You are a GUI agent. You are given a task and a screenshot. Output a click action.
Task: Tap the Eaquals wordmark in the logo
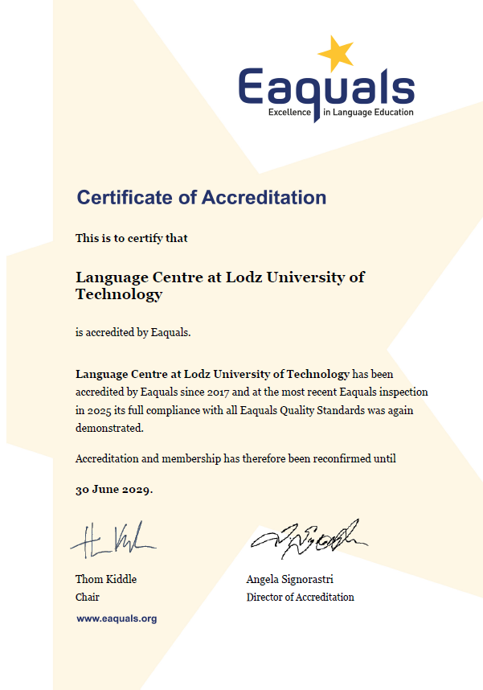[325, 87]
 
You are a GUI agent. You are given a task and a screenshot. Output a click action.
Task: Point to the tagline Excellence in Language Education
[341, 113]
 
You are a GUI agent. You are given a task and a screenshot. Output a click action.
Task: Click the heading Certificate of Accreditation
[201, 197]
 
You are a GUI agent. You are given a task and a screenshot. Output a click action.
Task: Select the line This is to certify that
[132, 238]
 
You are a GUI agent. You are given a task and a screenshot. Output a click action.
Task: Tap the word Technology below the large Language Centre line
[119, 294]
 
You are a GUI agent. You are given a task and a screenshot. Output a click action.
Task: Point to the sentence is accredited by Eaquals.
[133, 332]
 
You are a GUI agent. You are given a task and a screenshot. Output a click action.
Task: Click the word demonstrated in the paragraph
[108, 428]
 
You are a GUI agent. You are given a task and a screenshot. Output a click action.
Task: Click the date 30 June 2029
[113, 490]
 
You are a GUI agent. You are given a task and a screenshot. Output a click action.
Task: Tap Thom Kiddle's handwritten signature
[113, 540]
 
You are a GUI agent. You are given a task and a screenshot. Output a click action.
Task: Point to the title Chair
[88, 598]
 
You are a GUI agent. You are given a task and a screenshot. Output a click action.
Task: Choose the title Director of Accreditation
[300, 598]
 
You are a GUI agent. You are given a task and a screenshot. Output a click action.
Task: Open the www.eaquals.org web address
[117, 618]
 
